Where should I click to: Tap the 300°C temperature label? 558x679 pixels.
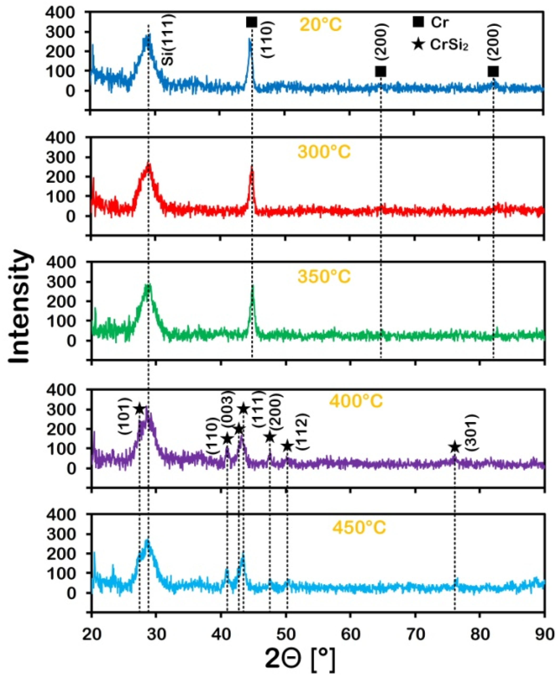tap(324, 152)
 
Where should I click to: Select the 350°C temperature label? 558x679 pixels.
tap(324, 276)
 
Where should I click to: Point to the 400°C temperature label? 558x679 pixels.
tap(356, 401)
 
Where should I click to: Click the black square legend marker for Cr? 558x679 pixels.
tap(418, 22)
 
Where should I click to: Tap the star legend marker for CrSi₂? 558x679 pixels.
tap(418, 44)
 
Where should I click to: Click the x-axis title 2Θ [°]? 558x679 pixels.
tap(299, 657)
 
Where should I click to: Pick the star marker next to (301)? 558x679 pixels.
tap(454, 447)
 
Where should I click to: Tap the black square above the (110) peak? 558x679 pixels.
tap(252, 22)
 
